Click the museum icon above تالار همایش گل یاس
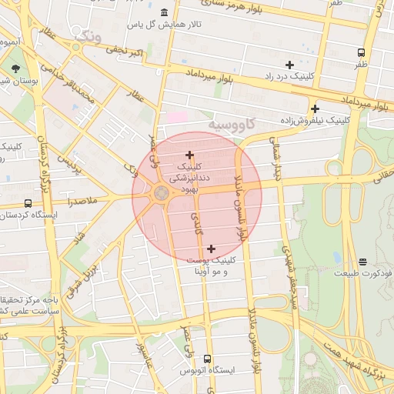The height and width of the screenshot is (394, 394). click(165, 12)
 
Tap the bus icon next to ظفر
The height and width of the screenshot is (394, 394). click(361, 53)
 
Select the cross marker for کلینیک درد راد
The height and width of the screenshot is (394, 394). click(289, 65)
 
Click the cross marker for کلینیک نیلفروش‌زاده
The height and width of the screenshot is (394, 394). click(315, 109)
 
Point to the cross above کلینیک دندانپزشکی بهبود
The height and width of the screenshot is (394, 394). click(189, 155)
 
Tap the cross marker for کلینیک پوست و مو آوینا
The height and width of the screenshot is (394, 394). click(211, 248)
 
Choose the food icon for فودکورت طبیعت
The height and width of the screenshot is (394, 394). click(362, 262)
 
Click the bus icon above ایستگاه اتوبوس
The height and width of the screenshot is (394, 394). click(206, 359)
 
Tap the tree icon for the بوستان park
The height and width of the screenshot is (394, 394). click(16, 69)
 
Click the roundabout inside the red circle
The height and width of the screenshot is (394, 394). click(162, 193)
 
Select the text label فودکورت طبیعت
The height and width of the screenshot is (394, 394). click(362, 273)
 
